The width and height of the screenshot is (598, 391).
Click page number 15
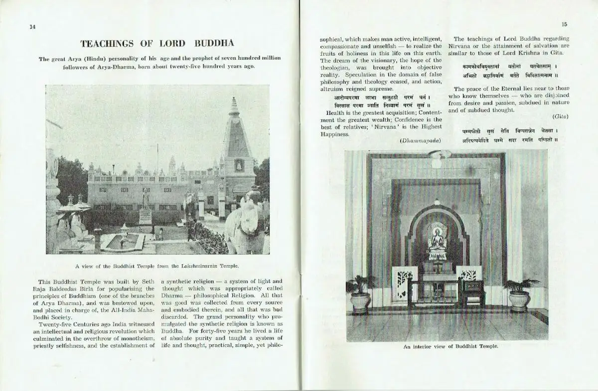click(x=564, y=24)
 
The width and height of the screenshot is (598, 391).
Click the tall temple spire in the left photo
click(x=234, y=134)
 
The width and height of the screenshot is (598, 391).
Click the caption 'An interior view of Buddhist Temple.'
click(x=450, y=346)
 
